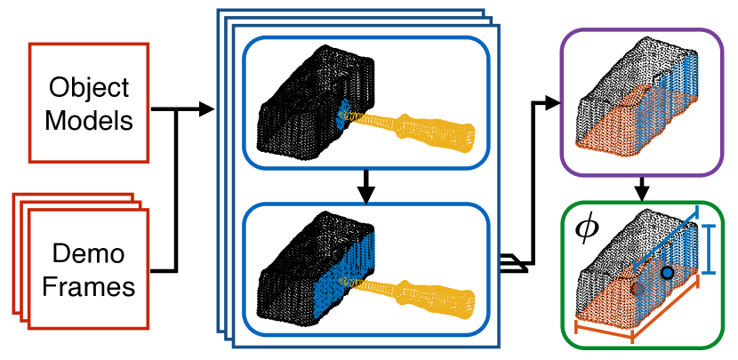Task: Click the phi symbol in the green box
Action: click(588, 229)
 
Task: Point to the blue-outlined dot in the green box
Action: click(666, 273)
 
